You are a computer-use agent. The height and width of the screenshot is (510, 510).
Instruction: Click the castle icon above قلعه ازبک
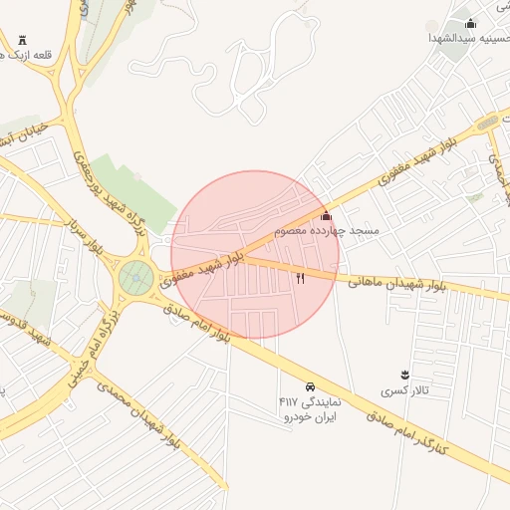tap(22, 41)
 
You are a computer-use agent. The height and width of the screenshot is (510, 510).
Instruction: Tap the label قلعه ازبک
tap(29, 56)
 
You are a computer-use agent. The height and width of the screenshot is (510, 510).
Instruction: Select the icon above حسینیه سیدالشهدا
tap(470, 23)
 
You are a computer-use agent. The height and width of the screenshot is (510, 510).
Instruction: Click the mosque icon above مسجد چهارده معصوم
tap(326, 216)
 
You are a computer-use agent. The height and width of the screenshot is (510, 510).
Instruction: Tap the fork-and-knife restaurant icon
tap(300, 278)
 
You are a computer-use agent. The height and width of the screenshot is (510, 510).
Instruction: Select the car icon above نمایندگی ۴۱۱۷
tap(310, 386)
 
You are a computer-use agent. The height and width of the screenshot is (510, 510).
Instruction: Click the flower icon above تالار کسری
tap(403, 375)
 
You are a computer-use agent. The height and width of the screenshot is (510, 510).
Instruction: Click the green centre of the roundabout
tap(135, 278)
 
